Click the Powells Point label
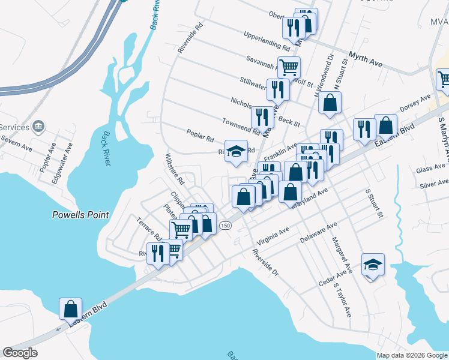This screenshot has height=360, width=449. (80, 215)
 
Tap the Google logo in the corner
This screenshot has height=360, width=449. (20, 353)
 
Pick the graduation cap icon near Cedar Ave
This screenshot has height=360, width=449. (373, 264)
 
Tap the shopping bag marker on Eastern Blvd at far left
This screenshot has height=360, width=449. (70, 309)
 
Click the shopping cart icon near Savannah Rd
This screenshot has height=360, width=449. (289, 68)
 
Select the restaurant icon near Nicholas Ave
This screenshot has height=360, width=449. (278, 89)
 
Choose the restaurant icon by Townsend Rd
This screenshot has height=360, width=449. (262, 116)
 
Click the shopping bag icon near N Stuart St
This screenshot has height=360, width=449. (330, 103)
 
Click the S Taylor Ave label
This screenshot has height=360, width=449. (343, 300)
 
